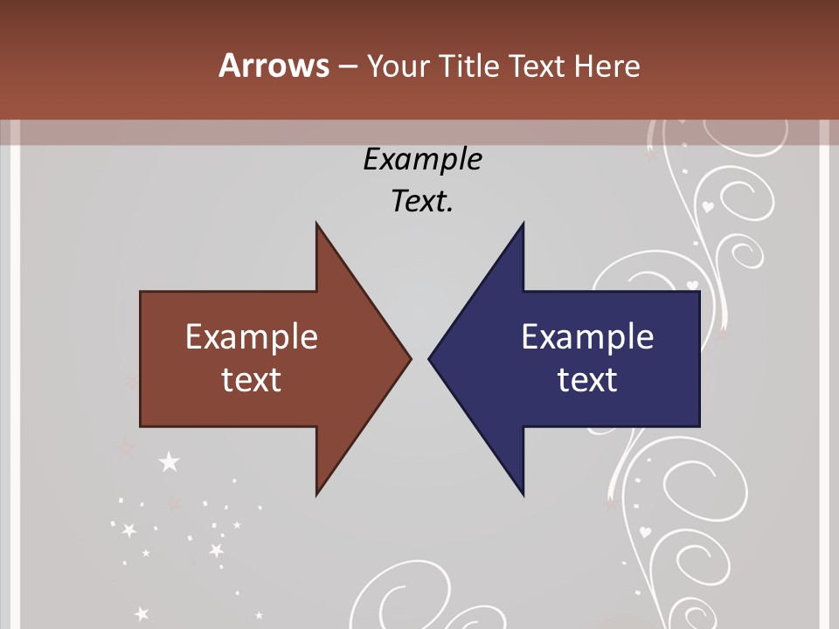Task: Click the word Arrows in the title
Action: tap(274, 66)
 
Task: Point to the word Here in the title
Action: tap(607, 66)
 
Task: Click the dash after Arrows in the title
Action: tap(347, 67)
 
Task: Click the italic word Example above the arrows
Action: tap(422, 160)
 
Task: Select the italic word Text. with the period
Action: tap(422, 202)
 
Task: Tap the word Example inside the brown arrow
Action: tap(252, 337)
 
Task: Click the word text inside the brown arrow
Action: tap(252, 380)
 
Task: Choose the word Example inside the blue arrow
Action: tap(587, 337)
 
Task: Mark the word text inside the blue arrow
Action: tap(587, 380)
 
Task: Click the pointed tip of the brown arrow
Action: tap(409, 358)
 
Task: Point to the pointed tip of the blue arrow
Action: tap(431, 358)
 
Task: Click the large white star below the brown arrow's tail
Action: tap(169, 461)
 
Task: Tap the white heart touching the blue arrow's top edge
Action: tap(692, 285)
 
